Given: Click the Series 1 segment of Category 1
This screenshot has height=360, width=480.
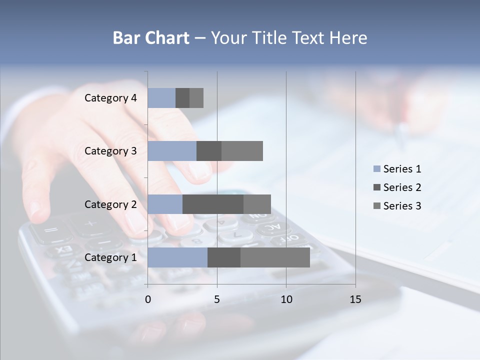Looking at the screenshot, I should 177,257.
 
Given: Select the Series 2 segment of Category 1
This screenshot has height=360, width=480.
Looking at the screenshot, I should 224,257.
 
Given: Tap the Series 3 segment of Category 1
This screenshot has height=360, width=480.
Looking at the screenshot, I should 275,257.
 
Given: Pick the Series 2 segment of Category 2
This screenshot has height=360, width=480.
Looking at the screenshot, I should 213,204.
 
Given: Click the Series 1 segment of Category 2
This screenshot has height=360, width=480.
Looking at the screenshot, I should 165,204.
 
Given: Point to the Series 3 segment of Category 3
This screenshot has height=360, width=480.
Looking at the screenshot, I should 242,151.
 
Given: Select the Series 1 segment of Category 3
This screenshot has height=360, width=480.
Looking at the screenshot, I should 172,151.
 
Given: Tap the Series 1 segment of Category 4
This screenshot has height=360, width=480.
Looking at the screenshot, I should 161,98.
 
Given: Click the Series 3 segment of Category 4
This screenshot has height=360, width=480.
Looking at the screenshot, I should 196,98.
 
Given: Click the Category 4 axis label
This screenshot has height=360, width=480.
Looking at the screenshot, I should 110,98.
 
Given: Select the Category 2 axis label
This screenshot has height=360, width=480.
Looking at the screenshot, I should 110,204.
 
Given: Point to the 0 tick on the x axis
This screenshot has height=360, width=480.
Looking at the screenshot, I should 148,299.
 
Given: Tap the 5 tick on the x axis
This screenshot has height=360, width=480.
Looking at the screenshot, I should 217,299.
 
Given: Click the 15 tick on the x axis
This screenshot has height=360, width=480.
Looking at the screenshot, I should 355,299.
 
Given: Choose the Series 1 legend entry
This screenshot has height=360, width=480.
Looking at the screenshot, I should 397,169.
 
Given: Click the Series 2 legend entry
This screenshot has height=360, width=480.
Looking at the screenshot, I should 397,187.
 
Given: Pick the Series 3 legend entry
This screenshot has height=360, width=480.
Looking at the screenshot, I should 397,206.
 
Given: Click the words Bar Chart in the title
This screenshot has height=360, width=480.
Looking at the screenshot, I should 151,38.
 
